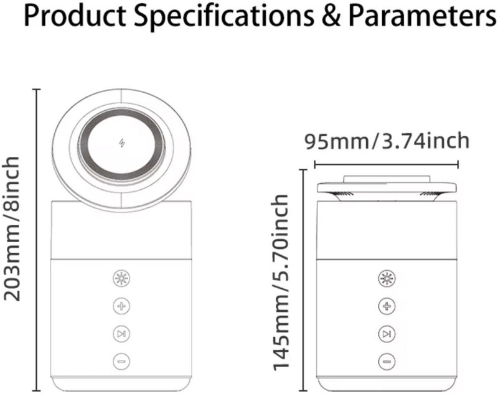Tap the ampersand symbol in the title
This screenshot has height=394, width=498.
pyautogui.click(x=331, y=16)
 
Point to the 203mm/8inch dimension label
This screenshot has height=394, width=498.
pyautogui.click(x=12, y=228)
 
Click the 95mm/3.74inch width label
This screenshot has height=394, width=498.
pyautogui.click(x=387, y=141)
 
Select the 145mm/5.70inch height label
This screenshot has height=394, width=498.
pyautogui.click(x=281, y=282)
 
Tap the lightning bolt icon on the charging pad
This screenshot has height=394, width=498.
pyautogui.click(x=121, y=143)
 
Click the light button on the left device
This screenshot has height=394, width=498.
pyautogui.click(x=121, y=278)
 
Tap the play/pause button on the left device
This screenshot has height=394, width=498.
pyautogui.click(x=121, y=334)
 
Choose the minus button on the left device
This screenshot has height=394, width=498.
pyautogui.click(x=121, y=361)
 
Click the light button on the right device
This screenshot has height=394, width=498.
pyautogui.click(x=387, y=278)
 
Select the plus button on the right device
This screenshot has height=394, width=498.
pyautogui.click(x=387, y=306)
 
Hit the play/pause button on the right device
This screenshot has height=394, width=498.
pyautogui.click(x=387, y=334)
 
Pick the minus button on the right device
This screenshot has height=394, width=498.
pyautogui.click(x=387, y=361)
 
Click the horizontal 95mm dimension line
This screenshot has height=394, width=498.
pyautogui.click(x=386, y=164)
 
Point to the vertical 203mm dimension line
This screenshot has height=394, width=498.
pyautogui.click(x=37, y=240)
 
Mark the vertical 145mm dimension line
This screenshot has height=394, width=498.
pyautogui.click(x=304, y=280)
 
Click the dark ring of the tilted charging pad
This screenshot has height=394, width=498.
pyautogui.click(x=121, y=144)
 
